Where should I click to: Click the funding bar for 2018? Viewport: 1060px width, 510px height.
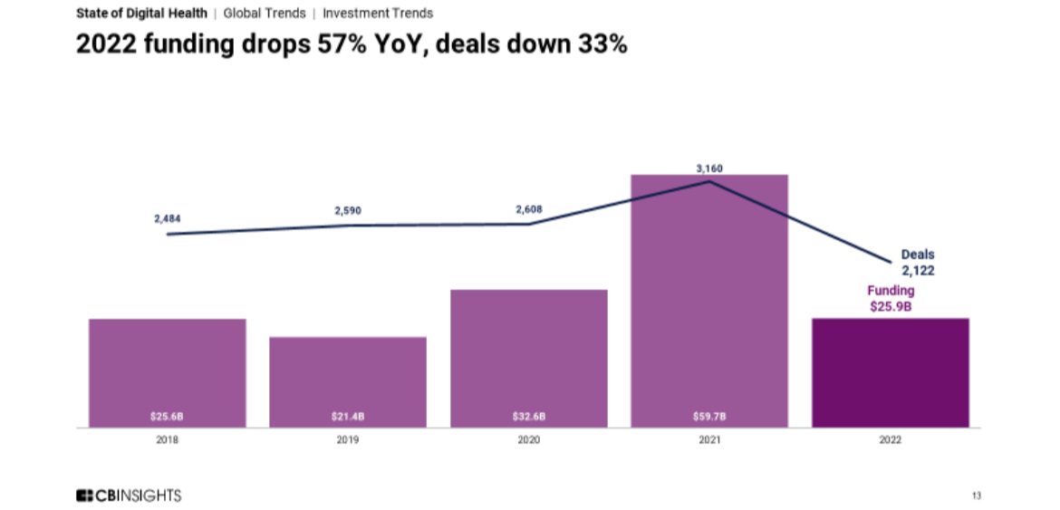click(167, 372)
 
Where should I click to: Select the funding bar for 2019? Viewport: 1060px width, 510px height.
click(348, 381)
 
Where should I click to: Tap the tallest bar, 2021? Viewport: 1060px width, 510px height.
click(709, 300)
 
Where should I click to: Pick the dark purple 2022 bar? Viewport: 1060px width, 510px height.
click(890, 372)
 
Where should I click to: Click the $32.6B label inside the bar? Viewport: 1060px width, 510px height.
click(529, 417)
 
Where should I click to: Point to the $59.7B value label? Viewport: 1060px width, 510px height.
click(709, 417)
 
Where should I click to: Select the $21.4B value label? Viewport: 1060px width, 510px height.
click(348, 417)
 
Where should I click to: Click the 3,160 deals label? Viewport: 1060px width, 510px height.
click(709, 168)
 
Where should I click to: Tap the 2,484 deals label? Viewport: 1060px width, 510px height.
click(168, 219)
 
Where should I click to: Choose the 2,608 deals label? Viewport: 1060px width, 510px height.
click(530, 209)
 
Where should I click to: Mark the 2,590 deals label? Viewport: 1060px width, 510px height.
click(348, 210)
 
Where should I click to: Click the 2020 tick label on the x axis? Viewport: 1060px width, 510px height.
click(529, 440)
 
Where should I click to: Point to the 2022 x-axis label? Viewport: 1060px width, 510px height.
click(890, 440)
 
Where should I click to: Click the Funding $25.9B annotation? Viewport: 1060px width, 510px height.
click(891, 299)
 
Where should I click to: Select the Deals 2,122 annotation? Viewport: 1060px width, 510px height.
click(917, 263)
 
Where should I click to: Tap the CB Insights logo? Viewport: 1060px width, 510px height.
click(129, 496)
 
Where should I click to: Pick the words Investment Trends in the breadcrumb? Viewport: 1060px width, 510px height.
click(378, 14)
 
